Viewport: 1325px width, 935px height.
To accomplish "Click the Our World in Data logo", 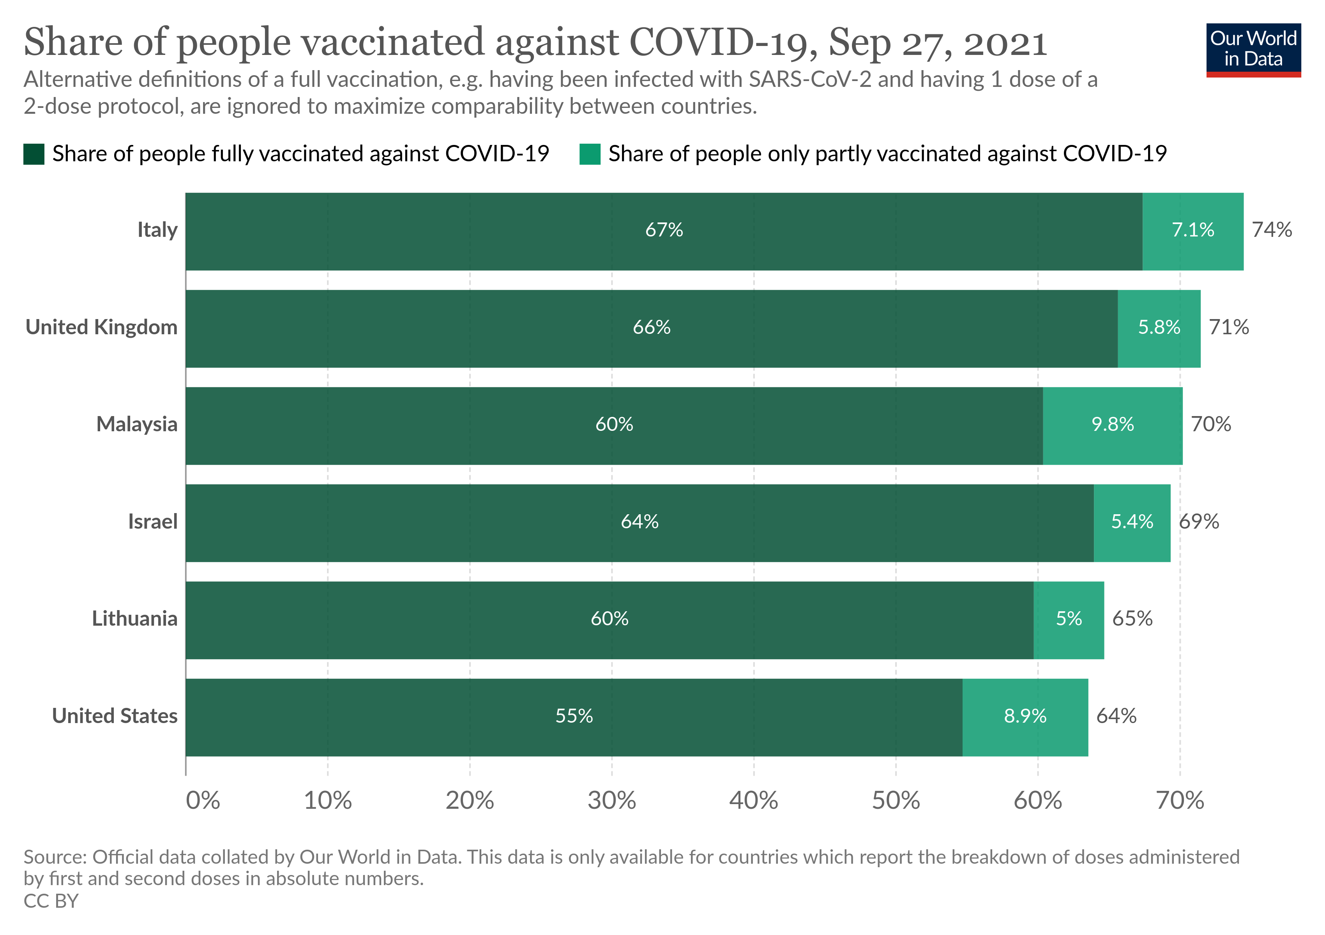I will point(1253,49).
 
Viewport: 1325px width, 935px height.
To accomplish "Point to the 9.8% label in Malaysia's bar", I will point(1112,425).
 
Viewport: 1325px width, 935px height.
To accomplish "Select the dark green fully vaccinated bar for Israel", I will point(640,522).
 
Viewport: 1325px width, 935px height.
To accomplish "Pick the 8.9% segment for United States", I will point(1025,717).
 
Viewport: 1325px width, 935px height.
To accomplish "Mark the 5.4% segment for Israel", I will point(1132,522).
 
